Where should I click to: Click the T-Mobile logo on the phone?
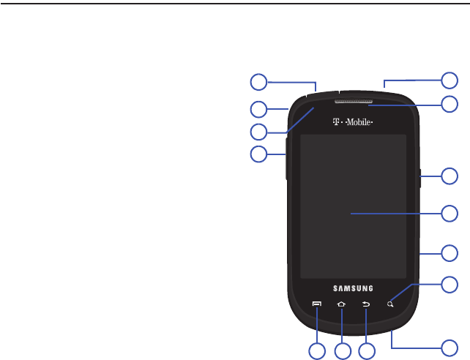coord(353,122)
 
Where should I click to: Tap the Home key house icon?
coord(341,303)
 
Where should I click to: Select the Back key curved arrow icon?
coord(366,303)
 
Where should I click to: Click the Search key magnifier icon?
coord(391,303)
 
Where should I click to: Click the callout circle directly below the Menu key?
coord(317,351)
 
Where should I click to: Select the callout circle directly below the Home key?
coord(342,351)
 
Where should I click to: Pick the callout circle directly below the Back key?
coord(367,351)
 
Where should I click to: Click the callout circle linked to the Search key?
coord(451,285)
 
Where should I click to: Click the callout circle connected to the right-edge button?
coord(451,176)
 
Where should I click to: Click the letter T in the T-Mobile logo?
coord(337,122)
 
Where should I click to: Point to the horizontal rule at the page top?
coord(235,4)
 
